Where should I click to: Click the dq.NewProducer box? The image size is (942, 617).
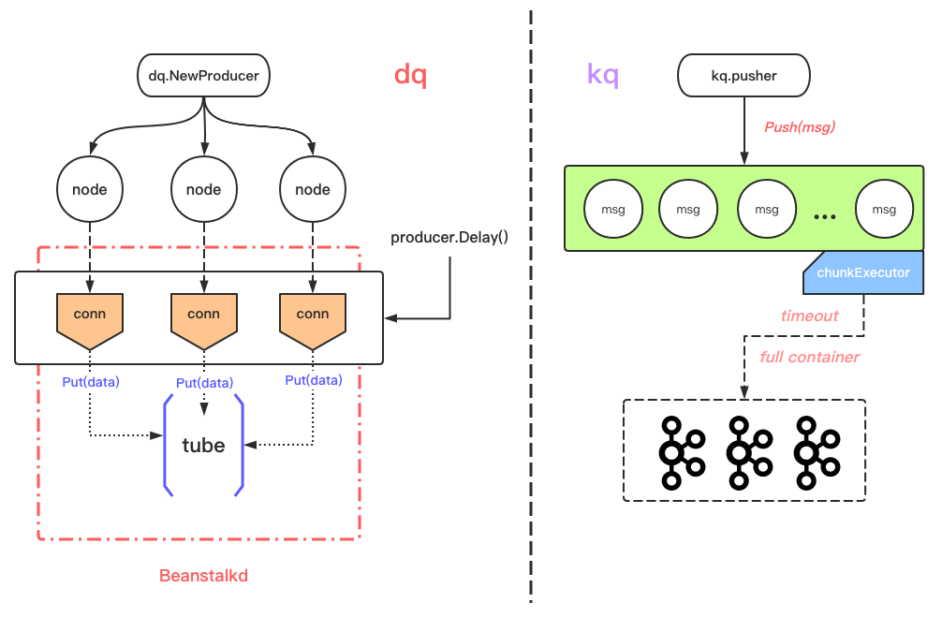click(x=204, y=75)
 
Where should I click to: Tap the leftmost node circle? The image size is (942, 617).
click(x=90, y=189)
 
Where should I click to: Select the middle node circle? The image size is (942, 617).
click(x=203, y=189)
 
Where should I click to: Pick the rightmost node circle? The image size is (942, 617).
click(x=313, y=189)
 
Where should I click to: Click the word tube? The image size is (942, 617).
click(x=203, y=446)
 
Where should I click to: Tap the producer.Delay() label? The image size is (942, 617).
click(x=449, y=237)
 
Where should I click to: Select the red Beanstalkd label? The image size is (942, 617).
click(x=203, y=576)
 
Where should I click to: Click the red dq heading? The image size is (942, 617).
click(x=410, y=75)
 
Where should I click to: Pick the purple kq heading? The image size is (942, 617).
click(x=603, y=75)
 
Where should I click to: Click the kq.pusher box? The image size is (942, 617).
click(x=743, y=75)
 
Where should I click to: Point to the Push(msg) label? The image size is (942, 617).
click(x=799, y=127)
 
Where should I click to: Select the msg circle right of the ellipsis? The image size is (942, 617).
click(x=884, y=210)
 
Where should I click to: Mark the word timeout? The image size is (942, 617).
click(x=809, y=316)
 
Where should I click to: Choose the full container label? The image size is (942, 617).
click(x=809, y=357)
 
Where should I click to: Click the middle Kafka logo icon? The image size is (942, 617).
click(x=744, y=450)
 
